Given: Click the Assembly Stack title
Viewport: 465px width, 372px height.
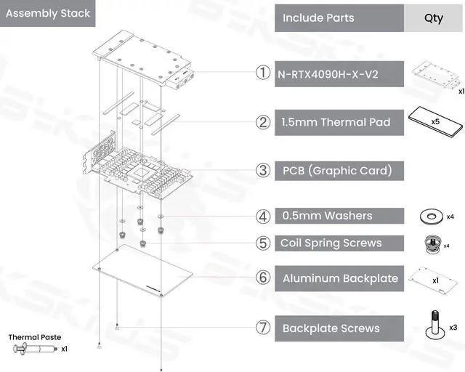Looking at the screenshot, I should point(48,13).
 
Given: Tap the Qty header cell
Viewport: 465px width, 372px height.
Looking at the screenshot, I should point(433,17).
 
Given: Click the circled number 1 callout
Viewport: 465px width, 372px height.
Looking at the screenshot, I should point(263,73).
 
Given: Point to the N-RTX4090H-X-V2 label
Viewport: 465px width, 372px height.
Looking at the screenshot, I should point(326,74).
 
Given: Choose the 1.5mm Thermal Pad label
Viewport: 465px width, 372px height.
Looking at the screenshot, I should point(335,122).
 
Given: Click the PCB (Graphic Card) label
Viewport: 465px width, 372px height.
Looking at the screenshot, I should point(337,171).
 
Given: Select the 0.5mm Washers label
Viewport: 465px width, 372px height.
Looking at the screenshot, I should point(327,216).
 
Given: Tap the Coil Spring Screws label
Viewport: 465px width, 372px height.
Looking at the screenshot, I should point(331,243).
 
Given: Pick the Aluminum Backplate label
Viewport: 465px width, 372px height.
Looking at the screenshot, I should point(340,278).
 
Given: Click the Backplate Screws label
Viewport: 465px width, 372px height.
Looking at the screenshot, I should point(331,328).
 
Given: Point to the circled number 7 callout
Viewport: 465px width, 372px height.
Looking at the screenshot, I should point(263,328).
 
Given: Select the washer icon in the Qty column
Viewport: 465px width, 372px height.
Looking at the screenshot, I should point(430,216).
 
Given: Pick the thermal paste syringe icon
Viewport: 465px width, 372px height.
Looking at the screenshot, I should point(33,349).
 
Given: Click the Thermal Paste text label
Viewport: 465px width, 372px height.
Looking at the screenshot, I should point(34,337).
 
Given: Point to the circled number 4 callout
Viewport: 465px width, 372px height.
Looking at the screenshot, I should point(263,216).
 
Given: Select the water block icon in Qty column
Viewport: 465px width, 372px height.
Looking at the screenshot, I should point(432,75).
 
